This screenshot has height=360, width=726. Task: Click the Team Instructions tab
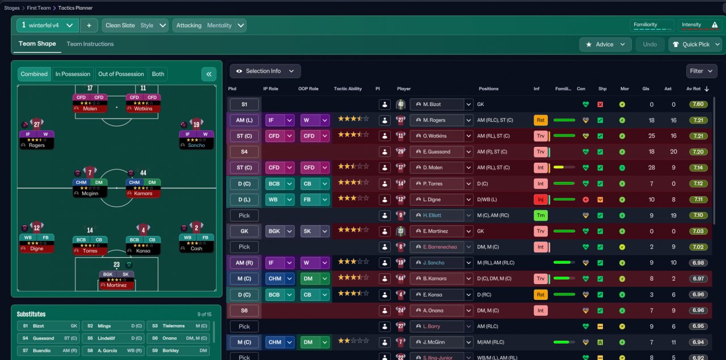point(90,44)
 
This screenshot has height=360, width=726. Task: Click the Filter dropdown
point(701,71)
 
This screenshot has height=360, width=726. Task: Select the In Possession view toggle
point(73,74)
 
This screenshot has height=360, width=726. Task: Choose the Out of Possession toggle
point(121,74)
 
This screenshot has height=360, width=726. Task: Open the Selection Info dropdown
point(265,71)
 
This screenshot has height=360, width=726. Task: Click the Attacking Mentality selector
point(209,26)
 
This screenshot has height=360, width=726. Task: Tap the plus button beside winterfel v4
point(89,26)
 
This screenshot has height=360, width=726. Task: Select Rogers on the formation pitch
point(36,139)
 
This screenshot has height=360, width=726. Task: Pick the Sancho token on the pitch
point(196,139)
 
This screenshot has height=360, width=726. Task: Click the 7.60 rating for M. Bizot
point(699,104)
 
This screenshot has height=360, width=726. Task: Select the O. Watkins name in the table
point(436,136)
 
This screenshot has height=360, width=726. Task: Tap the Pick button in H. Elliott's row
point(244,215)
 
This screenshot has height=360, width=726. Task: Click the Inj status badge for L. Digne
point(541,200)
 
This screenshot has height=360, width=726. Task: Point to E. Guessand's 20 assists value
point(673,152)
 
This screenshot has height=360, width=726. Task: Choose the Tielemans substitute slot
point(179,326)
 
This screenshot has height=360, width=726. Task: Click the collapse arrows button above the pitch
point(209,74)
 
